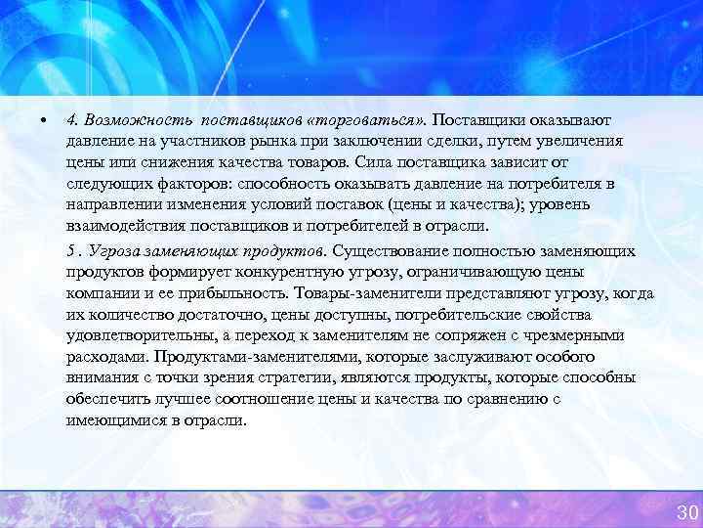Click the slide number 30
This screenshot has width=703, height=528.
pyautogui.click(x=686, y=512)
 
